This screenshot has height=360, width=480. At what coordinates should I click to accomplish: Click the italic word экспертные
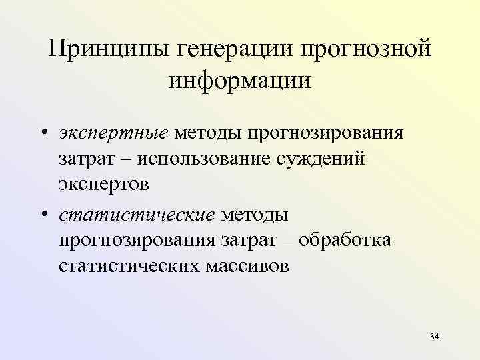point(113,133)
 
